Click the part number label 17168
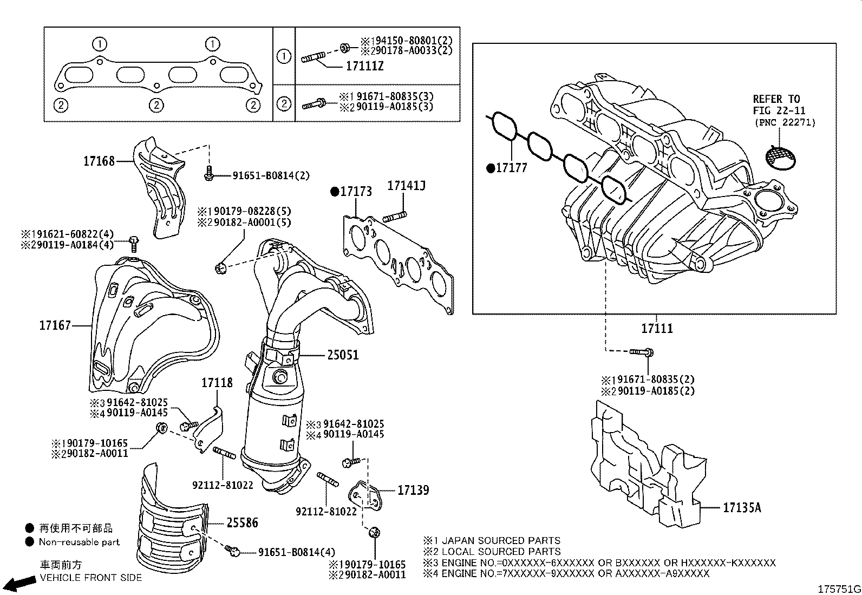coord(99,161)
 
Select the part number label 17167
coord(55,325)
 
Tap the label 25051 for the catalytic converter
coord(343,355)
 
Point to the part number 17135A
coord(742,508)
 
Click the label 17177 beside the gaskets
coord(512,168)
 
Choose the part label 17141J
coord(406,186)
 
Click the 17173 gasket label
coord(356,192)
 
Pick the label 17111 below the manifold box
coord(657,328)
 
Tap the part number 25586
coord(242,523)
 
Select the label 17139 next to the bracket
coord(413,490)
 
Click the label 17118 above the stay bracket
coord(217,383)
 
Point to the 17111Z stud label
coord(365,66)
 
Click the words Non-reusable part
coord(79,542)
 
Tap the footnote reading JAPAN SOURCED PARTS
coord(501,540)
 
